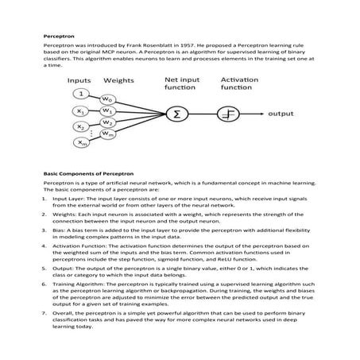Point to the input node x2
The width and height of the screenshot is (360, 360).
pyautogui.click(x=79, y=127)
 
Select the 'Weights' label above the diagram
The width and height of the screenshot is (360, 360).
pyautogui.click(x=118, y=80)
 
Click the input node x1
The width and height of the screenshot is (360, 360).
pyautogui.click(x=79, y=111)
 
